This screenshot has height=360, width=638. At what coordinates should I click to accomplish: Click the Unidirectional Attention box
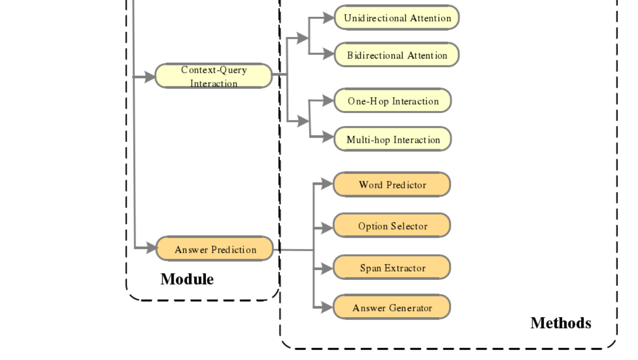pos(396,18)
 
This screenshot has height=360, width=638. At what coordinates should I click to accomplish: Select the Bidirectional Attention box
pos(396,55)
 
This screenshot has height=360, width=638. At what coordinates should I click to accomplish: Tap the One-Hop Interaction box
pos(392,101)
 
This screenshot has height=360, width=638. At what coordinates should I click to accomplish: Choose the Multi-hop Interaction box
pos(392,139)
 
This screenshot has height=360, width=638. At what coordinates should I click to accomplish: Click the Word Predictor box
pos(392,185)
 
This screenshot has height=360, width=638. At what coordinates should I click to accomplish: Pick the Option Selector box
pos(392,226)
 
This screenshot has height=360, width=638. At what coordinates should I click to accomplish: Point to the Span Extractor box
pos(392,268)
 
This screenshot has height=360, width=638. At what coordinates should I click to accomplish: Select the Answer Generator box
pos(392,308)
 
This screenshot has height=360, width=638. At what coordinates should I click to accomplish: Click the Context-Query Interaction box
pos(213,76)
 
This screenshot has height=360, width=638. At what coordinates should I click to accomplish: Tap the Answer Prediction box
pos(214,249)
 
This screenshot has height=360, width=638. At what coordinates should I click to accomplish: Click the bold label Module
pos(187,279)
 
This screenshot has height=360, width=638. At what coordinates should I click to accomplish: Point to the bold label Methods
pos(561,323)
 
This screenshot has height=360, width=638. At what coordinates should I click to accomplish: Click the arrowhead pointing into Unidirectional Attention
pos(328,18)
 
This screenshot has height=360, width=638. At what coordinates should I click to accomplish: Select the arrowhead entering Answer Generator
pos(327,308)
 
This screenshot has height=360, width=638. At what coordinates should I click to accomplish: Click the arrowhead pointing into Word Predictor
pos(327,184)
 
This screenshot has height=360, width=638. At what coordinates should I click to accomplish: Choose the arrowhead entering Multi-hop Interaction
pos(328,137)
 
